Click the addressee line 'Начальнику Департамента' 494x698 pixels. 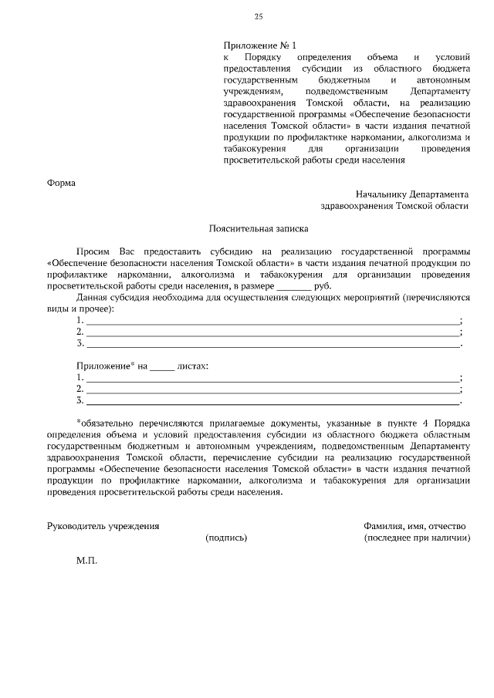412,194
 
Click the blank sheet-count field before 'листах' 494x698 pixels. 161,365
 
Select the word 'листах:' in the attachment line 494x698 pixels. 193,365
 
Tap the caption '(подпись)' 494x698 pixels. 226,537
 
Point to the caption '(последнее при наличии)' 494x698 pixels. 417,537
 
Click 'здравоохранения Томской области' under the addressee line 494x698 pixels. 394,206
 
